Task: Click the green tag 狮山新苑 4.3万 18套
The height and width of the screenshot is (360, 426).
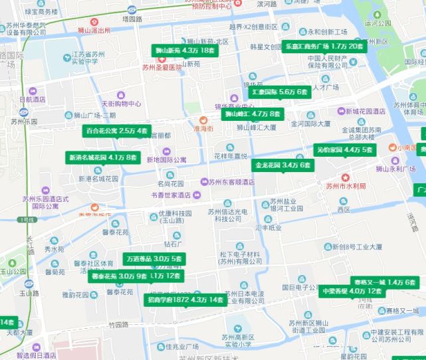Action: coord(185,50)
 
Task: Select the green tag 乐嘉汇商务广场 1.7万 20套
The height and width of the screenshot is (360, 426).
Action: coord(324,46)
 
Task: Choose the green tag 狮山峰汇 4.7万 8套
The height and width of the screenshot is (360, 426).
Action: coord(253,114)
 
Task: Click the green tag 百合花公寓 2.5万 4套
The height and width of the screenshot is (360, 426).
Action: coord(116,131)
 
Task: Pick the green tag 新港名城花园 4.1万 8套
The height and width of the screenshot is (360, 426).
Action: coord(103,157)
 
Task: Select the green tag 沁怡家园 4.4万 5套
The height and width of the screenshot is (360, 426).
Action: coord(345,150)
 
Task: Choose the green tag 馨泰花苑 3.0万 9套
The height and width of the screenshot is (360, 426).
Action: coord(119,276)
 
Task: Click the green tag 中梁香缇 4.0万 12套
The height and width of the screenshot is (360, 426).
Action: coord(352,291)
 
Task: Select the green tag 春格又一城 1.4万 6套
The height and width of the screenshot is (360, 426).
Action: coord(385,282)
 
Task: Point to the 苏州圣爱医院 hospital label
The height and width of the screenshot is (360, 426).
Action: coord(161,67)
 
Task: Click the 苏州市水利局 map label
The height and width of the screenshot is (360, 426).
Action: coord(346,186)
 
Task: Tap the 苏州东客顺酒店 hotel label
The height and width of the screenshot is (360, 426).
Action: coord(231,182)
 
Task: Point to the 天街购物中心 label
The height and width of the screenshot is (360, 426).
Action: coord(121,104)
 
